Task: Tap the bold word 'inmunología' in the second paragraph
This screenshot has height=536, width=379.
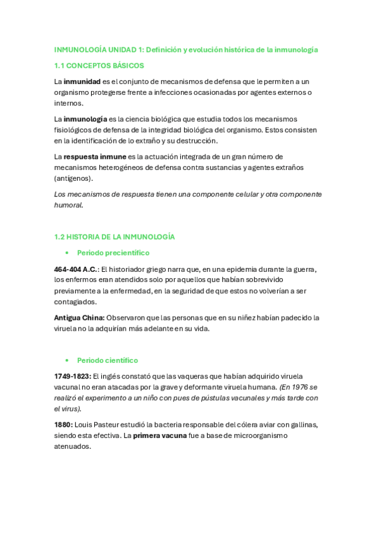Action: coord(86,119)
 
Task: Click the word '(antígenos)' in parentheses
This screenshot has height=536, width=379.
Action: coord(74,179)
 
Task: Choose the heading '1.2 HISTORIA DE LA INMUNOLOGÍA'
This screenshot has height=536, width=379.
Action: coord(115,236)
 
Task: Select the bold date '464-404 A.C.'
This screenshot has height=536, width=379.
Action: coord(76,269)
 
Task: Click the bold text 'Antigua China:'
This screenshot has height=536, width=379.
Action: coord(79,317)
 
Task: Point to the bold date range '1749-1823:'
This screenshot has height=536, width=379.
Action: coord(73,376)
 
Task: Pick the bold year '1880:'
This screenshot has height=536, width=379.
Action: coord(63,425)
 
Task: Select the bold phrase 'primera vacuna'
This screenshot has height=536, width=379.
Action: coord(159,435)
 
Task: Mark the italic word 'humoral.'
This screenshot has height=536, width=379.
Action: coord(68,205)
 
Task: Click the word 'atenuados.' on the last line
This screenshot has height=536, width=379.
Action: coord(73,446)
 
